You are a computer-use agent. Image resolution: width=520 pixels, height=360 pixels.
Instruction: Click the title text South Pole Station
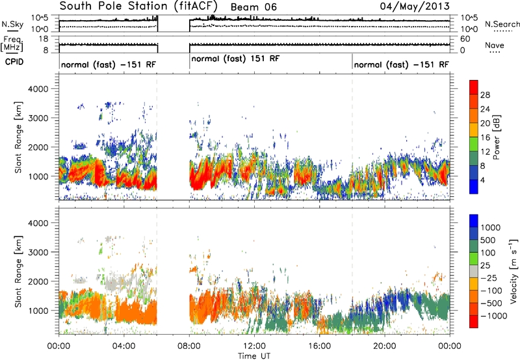113,6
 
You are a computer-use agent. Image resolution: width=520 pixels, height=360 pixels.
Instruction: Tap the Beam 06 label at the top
253,7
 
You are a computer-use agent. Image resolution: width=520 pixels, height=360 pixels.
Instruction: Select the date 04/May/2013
415,6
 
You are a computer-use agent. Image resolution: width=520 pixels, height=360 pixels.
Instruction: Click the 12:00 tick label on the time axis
254,346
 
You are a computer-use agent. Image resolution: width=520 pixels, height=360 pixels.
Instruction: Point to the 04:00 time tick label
123,346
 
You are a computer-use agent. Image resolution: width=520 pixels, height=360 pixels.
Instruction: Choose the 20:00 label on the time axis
385,346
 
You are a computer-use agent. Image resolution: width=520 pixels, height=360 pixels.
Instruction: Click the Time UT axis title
254,355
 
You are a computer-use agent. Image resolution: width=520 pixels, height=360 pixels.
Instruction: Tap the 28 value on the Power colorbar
485,95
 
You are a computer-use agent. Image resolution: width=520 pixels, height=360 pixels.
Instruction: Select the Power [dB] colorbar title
496,137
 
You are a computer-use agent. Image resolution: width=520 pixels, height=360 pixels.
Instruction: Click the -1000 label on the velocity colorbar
494,316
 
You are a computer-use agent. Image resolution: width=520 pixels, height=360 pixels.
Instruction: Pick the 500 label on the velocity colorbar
488,240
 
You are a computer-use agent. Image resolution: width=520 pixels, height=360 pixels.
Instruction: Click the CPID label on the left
14,62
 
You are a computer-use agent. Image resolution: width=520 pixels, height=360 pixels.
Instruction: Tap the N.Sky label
12,24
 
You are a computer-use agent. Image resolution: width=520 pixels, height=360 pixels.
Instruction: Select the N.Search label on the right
502,24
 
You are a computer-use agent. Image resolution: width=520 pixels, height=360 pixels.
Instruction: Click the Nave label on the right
495,45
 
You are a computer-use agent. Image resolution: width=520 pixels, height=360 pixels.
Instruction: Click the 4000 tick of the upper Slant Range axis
38,89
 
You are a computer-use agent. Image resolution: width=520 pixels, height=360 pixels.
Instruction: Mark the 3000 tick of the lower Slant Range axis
38,252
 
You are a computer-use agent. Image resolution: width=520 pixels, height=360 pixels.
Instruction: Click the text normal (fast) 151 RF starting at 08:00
235,58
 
